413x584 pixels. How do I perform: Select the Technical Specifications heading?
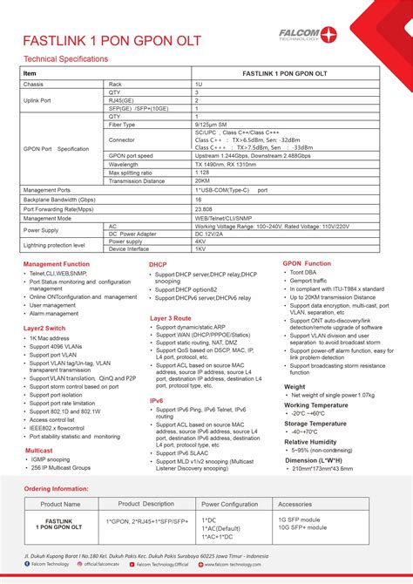pos(65,59)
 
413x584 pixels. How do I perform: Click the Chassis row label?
pos(34,83)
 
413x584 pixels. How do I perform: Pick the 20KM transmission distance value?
pos(203,180)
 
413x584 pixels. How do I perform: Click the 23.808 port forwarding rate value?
pos(204,209)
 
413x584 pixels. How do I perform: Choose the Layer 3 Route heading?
pos(171,318)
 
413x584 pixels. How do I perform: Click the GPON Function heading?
pos(307,263)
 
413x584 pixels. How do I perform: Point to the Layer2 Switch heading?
pos(45,328)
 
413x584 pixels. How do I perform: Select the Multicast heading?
pos(38,451)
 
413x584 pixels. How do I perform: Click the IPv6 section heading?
pos(157,401)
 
